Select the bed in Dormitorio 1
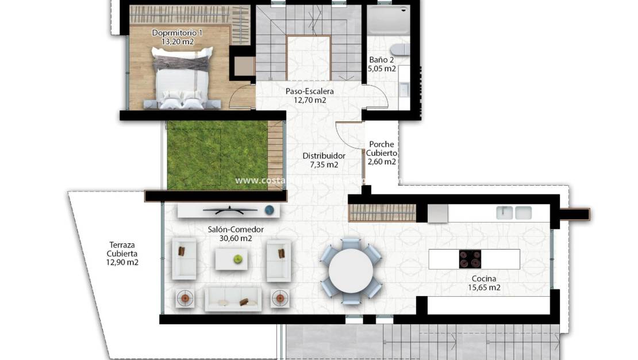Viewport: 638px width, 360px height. [181, 78]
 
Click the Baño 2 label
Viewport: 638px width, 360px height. [382, 60]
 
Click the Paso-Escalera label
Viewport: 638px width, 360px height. [310, 91]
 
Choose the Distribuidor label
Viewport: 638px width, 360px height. [324, 156]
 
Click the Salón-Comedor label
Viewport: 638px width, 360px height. [236, 229]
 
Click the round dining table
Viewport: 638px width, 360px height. [350, 270]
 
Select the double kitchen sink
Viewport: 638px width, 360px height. [514, 213]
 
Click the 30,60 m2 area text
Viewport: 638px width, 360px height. [236, 238]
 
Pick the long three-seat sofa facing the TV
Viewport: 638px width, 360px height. [233, 299]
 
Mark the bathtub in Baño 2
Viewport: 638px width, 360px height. [388, 21]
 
